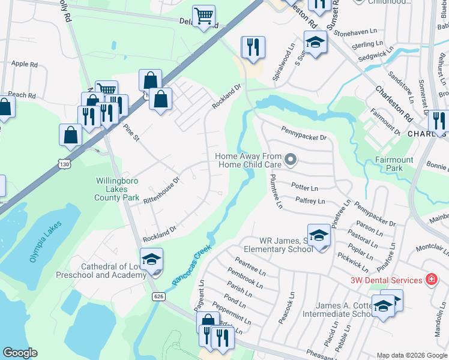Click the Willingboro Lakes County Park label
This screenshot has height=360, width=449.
coord(117,189)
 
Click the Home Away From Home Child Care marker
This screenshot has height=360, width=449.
coord(291,160)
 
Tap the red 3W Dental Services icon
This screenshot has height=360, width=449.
coord(430,280)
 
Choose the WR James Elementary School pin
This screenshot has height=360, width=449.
coord(319,235)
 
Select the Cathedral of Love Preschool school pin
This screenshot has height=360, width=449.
coord(152,259)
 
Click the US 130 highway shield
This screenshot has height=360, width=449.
coord(64,163)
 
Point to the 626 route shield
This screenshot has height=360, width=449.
coord(158,296)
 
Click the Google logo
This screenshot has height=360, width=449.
coord(20,353)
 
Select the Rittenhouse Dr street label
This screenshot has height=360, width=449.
coord(161,191)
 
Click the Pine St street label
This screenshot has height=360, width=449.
coord(130,133)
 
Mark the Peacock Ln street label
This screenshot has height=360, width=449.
coord(286,308)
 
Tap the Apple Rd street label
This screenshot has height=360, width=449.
coord(25,64)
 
